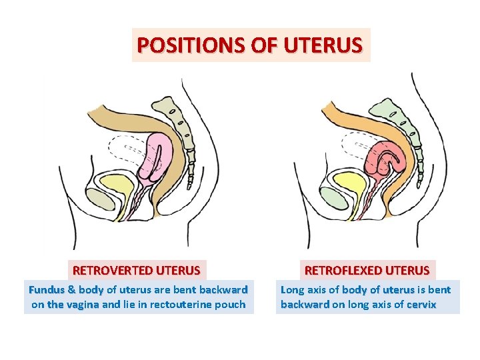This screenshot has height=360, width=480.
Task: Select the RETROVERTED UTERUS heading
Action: pyautogui.click(x=136, y=271)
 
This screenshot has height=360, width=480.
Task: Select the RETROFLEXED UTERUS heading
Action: pyautogui.click(x=367, y=271)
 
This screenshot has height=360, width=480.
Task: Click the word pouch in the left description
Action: pyautogui.click(x=231, y=305)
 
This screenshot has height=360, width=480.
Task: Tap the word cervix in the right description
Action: pyautogui.click(x=421, y=305)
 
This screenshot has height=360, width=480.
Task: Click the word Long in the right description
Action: pyautogui.click(x=292, y=290)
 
